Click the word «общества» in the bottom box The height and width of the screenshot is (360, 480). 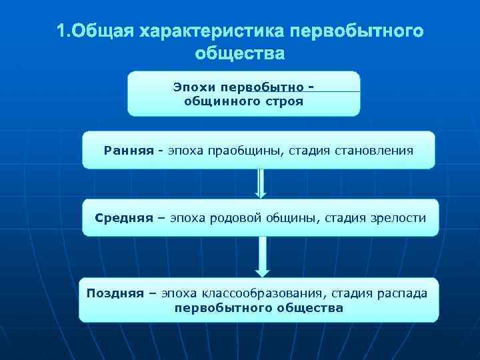[x=312, y=308]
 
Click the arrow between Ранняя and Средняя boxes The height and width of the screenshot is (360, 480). [x=261, y=183]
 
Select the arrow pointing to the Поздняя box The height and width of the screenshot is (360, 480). [x=263, y=256]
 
